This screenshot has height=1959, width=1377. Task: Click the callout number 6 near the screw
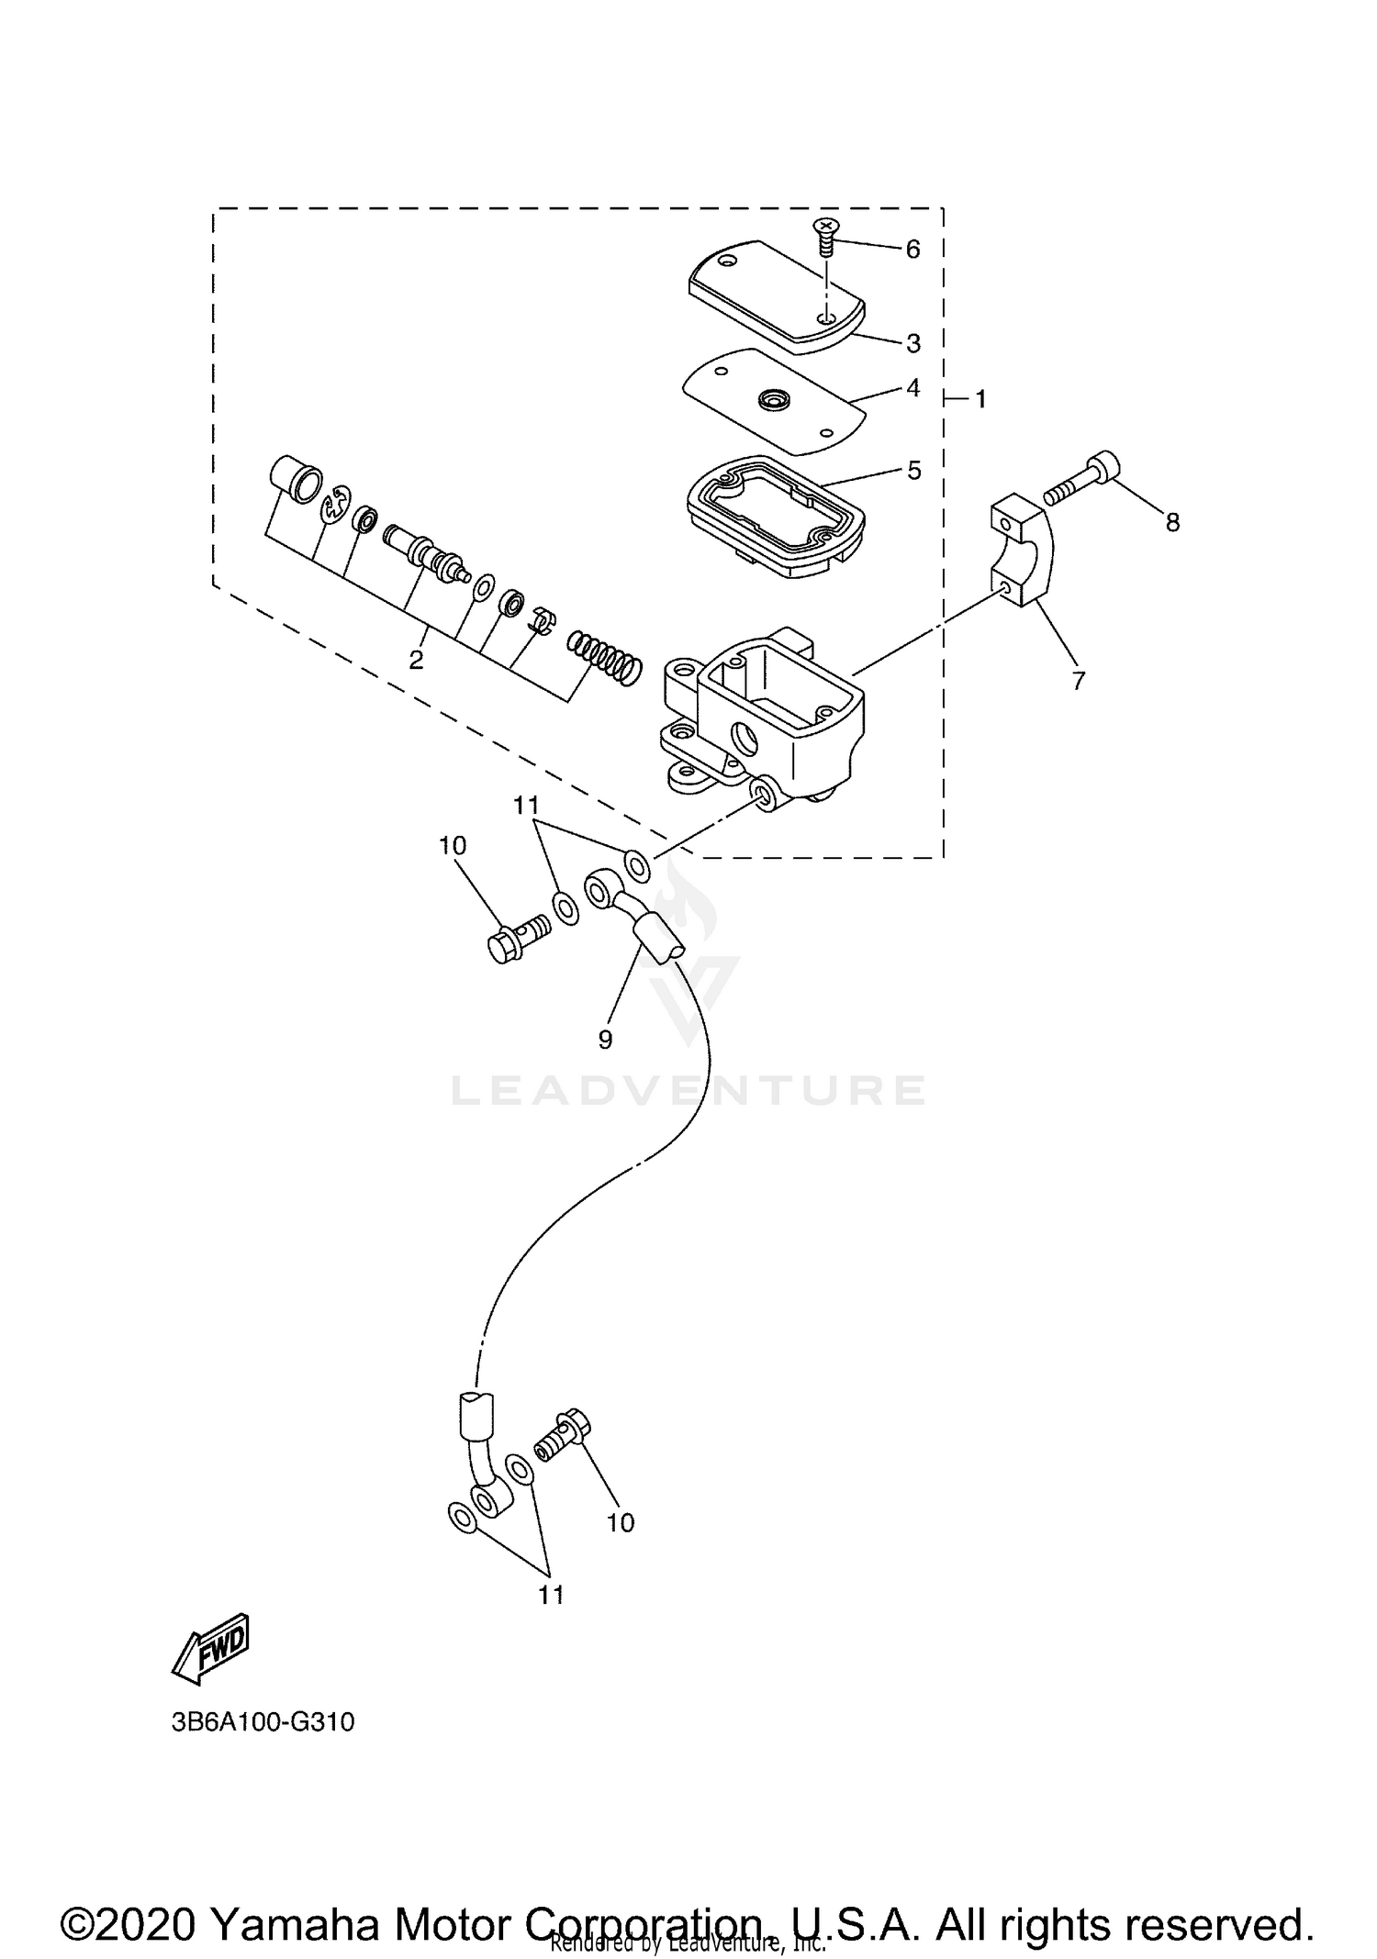click(x=912, y=249)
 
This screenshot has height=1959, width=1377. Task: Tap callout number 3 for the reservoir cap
click(x=912, y=343)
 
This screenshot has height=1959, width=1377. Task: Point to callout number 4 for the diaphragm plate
click(x=912, y=388)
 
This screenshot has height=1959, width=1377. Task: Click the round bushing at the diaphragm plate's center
click(x=774, y=400)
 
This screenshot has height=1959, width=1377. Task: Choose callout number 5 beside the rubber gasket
click(x=913, y=471)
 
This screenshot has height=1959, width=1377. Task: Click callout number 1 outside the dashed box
click(x=980, y=399)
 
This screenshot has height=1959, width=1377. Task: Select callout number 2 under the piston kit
click(x=416, y=660)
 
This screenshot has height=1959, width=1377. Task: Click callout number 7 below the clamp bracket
click(x=1078, y=680)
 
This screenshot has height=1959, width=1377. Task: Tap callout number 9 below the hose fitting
click(x=605, y=1039)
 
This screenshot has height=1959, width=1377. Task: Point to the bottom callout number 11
click(x=550, y=1595)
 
